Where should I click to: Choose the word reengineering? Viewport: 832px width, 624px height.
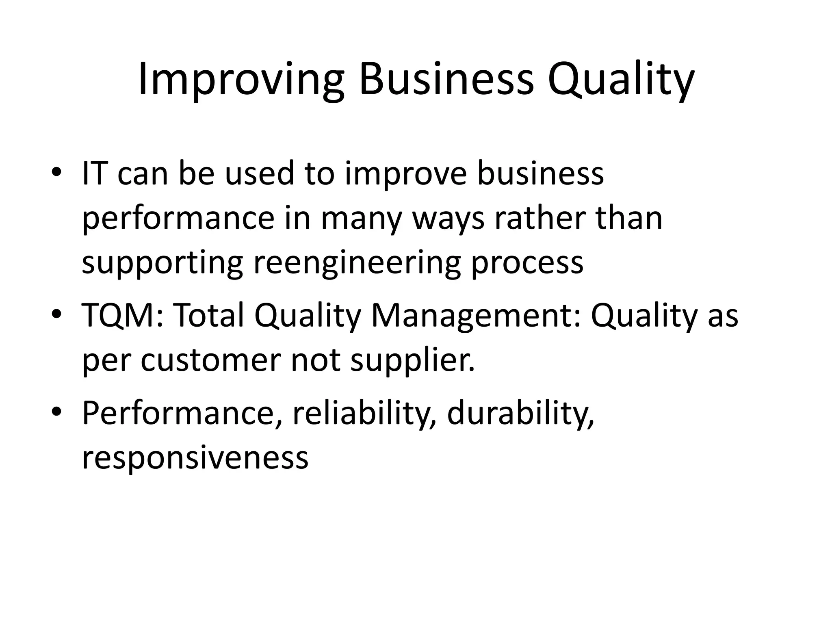pos(357,263)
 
